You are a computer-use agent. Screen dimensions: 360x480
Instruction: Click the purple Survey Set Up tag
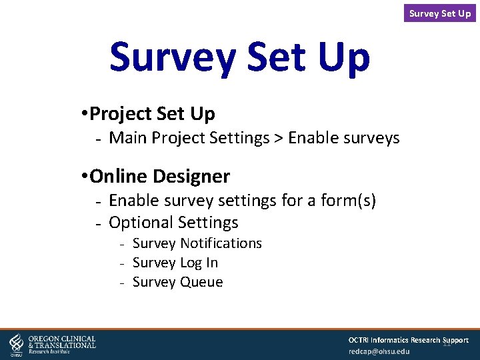[x=440, y=13]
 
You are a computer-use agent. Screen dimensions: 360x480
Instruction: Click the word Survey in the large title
[x=171, y=58]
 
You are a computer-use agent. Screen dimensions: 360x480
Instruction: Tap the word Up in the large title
[x=340, y=58]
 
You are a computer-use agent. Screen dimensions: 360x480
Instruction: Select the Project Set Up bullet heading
[x=152, y=114]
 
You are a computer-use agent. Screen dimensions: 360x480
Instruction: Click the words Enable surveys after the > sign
[x=344, y=138]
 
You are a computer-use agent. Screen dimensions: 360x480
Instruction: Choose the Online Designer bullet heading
[x=159, y=176]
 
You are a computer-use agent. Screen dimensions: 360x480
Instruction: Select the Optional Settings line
[x=173, y=222]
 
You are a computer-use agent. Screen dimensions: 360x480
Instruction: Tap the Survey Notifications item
[x=197, y=243]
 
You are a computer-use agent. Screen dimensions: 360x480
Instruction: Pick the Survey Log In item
[x=175, y=263]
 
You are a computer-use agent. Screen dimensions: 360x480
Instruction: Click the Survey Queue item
[x=178, y=282]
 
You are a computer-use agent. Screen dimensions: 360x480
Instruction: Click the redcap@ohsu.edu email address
[x=379, y=351]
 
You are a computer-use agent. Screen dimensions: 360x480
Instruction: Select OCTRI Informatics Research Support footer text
[x=408, y=340]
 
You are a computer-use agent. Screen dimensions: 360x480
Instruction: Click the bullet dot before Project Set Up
[x=82, y=115]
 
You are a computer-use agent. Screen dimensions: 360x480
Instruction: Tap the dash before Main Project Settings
[x=97, y=139]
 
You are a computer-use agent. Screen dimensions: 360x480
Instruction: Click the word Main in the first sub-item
[x=128, y=138]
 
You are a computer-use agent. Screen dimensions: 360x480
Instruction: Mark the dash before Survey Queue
[x=123, y=283]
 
